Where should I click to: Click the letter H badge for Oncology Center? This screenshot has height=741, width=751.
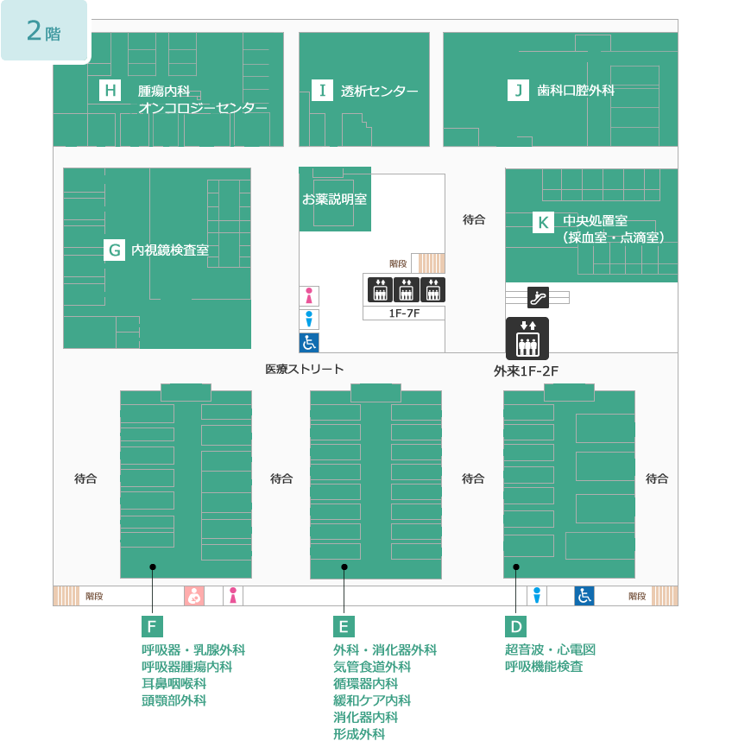(x=110, y=90)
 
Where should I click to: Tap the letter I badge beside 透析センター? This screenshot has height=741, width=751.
(x=322, y=90)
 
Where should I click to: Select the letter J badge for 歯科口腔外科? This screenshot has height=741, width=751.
(x=518, y=90)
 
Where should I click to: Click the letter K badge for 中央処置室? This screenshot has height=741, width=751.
(x=543, y=223)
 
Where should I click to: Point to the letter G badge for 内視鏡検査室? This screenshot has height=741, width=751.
(x=115, y=250)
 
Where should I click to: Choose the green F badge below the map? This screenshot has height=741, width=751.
(x=152, y=626)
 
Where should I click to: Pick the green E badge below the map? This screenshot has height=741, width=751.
(x=344, y=626)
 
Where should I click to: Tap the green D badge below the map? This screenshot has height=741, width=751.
(x=516, y=626)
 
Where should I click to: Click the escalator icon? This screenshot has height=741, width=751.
(x=538, y=297)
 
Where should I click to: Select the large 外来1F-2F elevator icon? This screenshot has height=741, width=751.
(x=527, y=339)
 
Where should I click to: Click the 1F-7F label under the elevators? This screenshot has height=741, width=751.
(x=404, y=313)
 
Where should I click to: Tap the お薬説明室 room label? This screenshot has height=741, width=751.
(x=334, y=199)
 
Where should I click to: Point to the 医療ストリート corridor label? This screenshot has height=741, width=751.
(x=305, y=369)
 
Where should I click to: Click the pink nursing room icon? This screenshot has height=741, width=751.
(x=194, y=596)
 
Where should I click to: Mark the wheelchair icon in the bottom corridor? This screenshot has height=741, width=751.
(x=584, y=596)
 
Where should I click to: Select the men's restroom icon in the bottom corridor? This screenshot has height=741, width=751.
(x=537, y=596)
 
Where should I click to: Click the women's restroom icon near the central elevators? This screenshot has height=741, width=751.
(x=309, y=295)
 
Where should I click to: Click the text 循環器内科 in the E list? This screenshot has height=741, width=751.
(x=365, y=683)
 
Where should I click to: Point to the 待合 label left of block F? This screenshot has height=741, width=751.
(x=85, y=478)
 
